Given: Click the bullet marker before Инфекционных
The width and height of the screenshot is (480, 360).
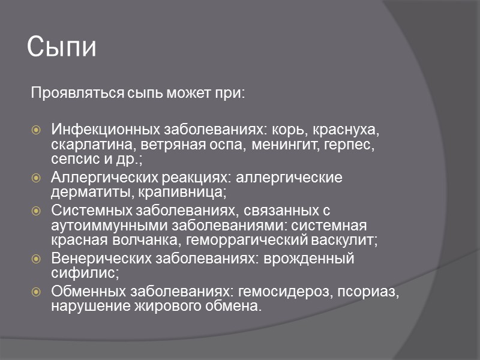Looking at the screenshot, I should point(37,130).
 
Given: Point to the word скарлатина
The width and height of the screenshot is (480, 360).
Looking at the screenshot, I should point(86,145).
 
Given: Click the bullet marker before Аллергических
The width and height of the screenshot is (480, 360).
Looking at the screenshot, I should point(37,178).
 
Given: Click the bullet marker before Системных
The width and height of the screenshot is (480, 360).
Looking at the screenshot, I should point(37,211).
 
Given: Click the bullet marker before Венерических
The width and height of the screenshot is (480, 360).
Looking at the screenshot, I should point(37,259).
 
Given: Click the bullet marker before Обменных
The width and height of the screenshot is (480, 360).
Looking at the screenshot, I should point(37,292).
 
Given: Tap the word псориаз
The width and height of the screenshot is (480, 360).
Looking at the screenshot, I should point(367,292).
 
